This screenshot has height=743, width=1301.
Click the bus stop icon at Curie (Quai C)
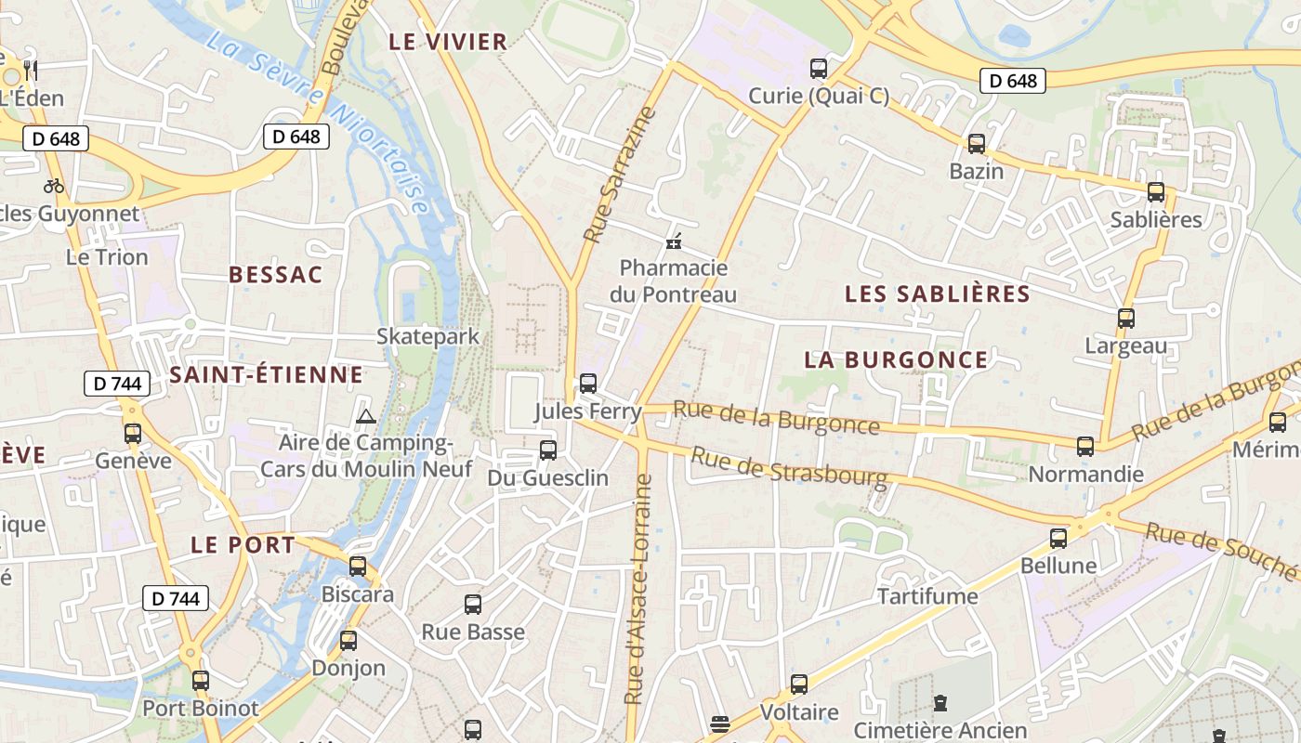(x=819, y=68)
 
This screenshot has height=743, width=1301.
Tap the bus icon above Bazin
(x=977, y=144)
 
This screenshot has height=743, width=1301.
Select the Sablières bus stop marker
(x=1156, y=192)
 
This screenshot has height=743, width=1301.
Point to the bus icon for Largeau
(x=1126, y=319)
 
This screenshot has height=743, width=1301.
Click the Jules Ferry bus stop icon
(x=588, y=383)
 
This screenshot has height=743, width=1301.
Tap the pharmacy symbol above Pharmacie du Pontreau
(x=675, y=242)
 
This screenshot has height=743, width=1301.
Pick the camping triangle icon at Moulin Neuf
(x=365, y=416)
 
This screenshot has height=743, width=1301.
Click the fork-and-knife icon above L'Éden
(x=31, y=70)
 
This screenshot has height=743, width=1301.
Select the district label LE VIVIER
(x=448, y=41)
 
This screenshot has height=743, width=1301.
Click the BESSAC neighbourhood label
(x=276, y=274)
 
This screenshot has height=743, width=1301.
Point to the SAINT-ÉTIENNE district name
(x=266, y=374)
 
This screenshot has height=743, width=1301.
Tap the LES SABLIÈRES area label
(x=938, y=294)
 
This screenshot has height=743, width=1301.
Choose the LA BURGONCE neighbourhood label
(x=896, y=359)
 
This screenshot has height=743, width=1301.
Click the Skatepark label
(x=427, y=335)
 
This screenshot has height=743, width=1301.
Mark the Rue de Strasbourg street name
(x=789, y=466)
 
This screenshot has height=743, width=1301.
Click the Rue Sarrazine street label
(x=619, y=175)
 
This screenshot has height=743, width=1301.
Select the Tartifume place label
(x=927, y=595)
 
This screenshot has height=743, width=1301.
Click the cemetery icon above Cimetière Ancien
(x=940, y=702)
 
